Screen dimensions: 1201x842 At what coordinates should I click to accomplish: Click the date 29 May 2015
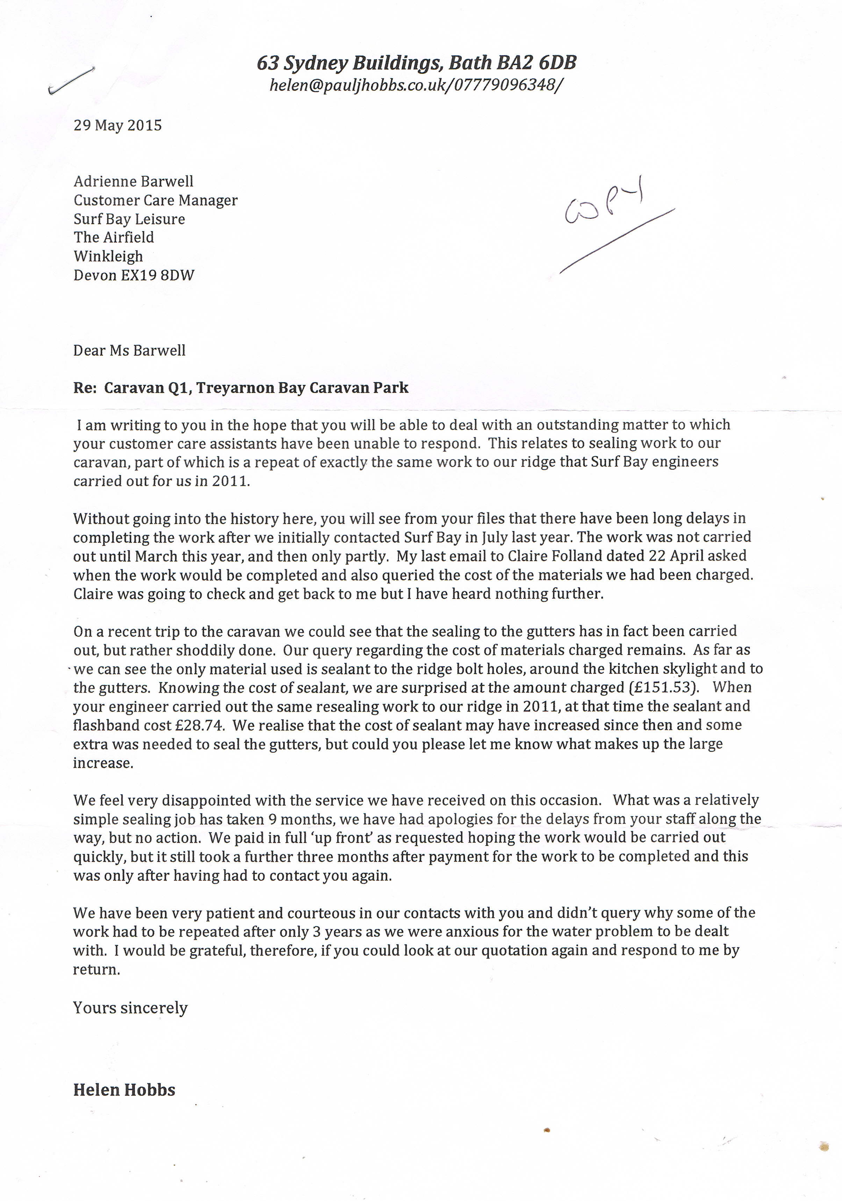(x=118, y=125)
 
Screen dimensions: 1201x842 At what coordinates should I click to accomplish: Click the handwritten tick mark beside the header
(x=71, y=81)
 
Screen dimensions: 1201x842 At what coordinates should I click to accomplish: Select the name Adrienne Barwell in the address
(x=134, y=181)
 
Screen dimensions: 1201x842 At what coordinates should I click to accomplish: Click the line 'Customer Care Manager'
(x=155, y=200)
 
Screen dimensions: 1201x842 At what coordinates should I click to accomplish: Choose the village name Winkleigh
(x=108, y=256)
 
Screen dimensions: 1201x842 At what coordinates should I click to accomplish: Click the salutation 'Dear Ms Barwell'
(x=129, y=351)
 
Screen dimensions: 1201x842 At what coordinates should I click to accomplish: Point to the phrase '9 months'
(x=297, y=819)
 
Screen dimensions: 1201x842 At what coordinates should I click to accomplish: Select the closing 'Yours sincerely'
(x=130, y=1008)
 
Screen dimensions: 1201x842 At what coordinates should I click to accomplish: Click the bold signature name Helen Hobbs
(x=124, y=1090)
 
